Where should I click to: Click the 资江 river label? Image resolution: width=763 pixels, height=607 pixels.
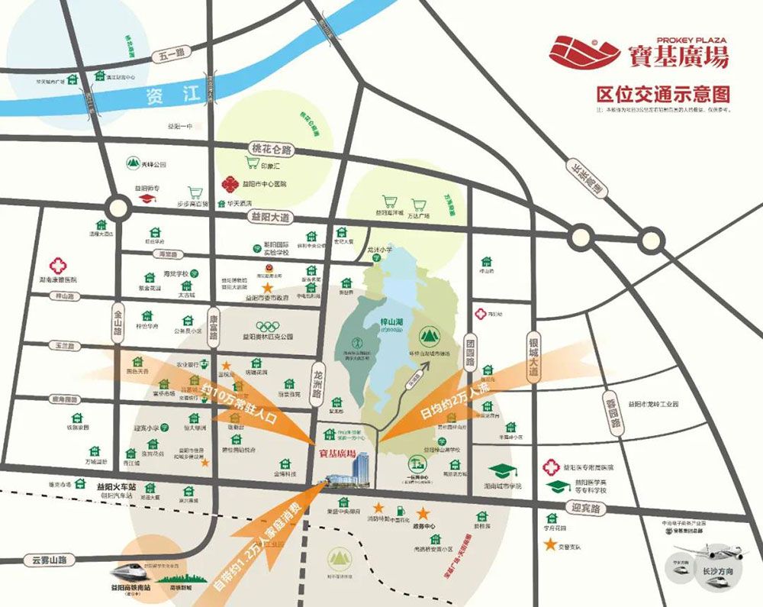click(x=172, y=95)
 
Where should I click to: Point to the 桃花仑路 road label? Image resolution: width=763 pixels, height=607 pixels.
click(x=272, y=150)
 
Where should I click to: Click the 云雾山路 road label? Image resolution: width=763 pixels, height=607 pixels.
click(x=45, y=559)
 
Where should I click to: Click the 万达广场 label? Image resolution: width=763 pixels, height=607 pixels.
click(x=419, y=216)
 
